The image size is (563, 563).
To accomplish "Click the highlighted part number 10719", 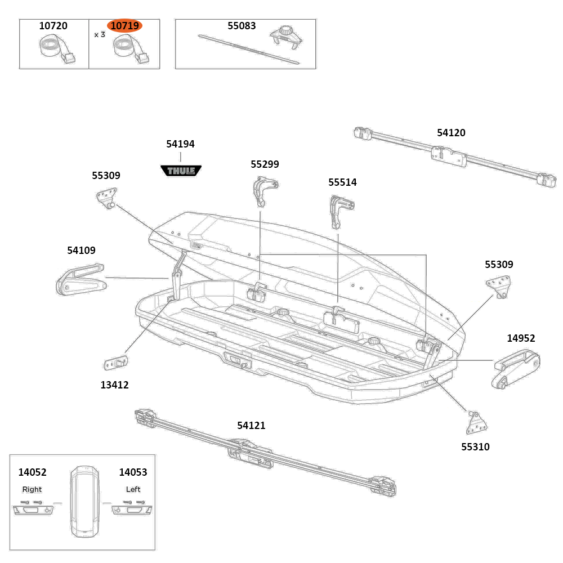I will point(124,26).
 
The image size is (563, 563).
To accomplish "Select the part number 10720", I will point(53,26).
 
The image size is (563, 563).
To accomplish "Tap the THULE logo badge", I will point(181,170).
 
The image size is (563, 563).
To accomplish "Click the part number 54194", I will point(180,144).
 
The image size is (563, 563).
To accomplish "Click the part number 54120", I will point(451,133).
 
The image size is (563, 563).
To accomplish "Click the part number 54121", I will point(251,426).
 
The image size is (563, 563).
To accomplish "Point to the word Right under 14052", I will point(32,489).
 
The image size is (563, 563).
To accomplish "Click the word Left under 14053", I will point(133,489).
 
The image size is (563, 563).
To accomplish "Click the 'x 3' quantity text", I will point(100,35).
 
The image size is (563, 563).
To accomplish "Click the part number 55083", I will point(242,26).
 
